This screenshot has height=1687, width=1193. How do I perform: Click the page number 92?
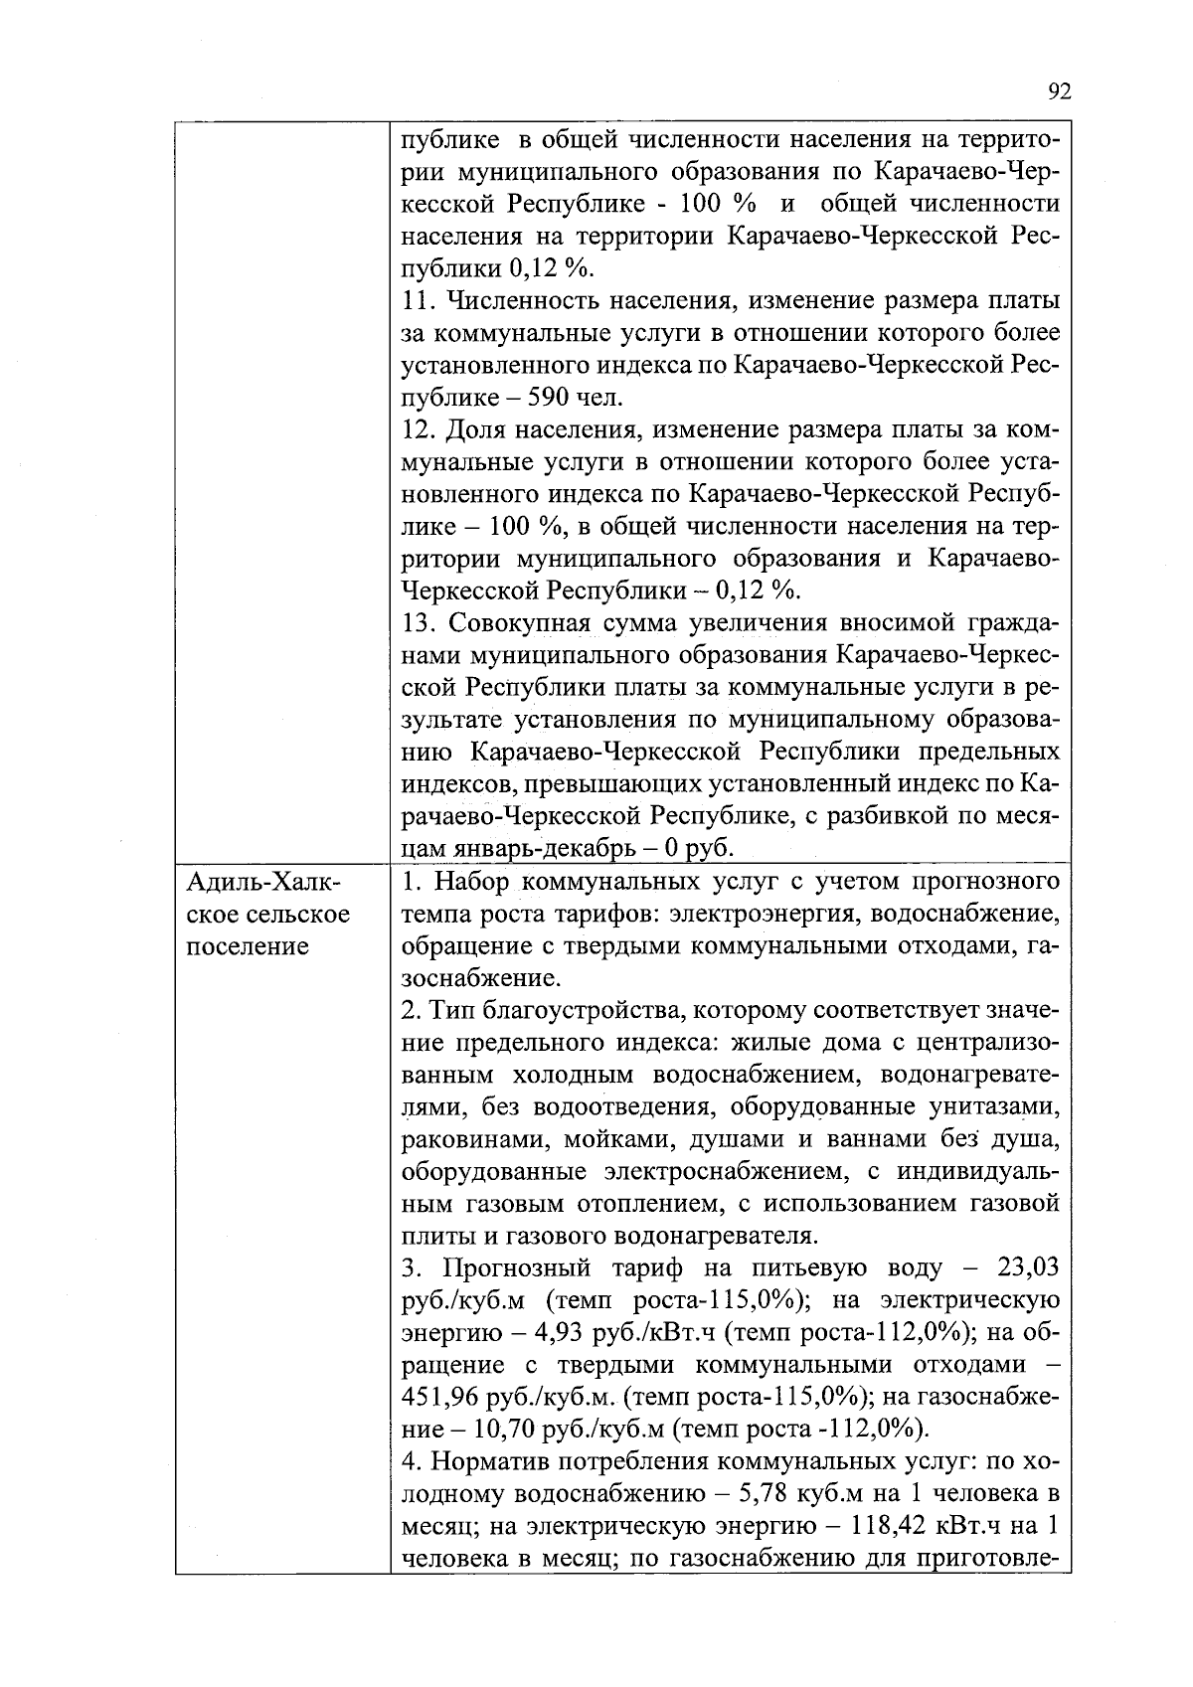tap(1060, 92)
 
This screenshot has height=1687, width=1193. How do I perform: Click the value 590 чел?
tap(592, 399)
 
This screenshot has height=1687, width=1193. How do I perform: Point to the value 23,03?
tap(1025, 1268)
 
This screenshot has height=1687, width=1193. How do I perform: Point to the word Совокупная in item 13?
tap(521, 623)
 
